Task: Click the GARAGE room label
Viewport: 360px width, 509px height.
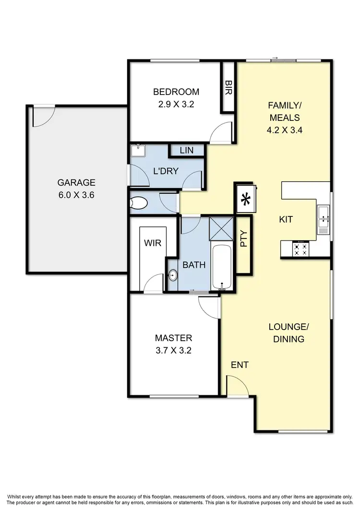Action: coord(76,182)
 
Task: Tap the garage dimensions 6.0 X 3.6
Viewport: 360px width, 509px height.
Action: coord(76,194)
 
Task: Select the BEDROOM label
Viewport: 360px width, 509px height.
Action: coord(176,92)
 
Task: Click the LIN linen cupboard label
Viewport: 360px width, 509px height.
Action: coord(186,151)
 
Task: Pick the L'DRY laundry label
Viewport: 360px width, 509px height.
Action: coord(166,171)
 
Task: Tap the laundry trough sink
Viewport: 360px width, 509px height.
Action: coord(138,151)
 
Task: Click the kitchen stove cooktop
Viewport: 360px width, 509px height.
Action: coord(301,249)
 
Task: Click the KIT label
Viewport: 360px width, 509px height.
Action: coord(286,220)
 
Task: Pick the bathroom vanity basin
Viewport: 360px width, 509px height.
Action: coord(172,275)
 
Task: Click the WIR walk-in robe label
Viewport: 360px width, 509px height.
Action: coord(153,243)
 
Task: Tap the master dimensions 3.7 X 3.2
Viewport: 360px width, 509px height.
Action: coord(173,350)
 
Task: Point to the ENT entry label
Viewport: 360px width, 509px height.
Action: coord(240,365)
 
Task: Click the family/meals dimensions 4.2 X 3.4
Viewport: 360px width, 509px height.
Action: coord(284,129)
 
